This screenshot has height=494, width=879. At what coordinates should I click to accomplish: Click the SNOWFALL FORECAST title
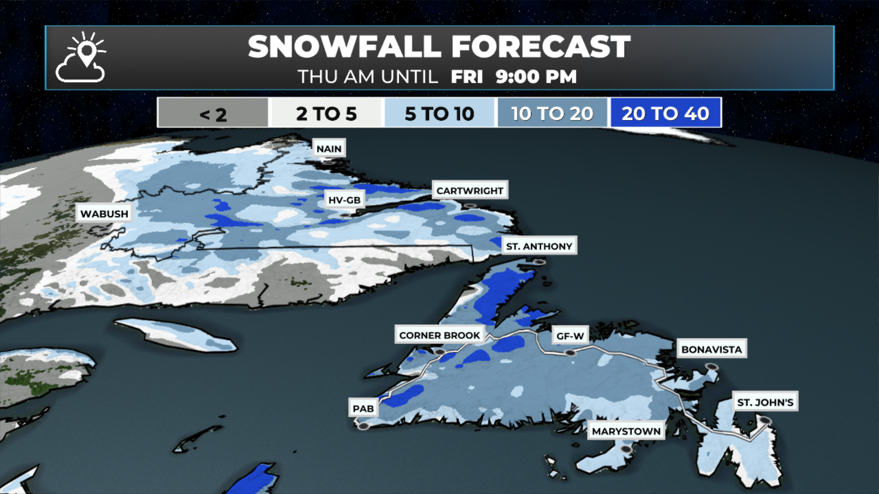(439, 47)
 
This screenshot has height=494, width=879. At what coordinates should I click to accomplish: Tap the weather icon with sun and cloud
(81, 57)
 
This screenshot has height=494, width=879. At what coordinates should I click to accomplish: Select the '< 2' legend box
(213, 113)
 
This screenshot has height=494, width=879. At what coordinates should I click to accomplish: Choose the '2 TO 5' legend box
(326, 113)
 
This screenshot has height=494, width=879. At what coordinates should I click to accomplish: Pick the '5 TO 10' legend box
(439, 113)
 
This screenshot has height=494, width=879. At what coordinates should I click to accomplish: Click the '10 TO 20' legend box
(552, 113)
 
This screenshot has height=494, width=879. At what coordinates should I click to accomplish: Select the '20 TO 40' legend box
(666, 113)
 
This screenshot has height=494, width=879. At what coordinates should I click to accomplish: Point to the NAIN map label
(329, 149)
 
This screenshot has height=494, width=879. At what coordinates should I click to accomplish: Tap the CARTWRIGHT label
(470, 190)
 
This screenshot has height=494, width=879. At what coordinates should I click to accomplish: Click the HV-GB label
(344, 200)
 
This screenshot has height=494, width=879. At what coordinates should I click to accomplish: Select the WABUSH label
(104, 214)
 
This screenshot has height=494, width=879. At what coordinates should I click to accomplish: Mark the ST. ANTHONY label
(539, 246)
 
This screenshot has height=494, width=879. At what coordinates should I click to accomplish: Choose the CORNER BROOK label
(439, 335)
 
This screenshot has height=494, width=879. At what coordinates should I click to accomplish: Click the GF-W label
(570, 336)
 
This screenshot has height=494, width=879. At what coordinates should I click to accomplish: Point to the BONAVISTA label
(711, 349)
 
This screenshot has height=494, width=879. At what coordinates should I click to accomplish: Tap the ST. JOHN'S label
(765, 402)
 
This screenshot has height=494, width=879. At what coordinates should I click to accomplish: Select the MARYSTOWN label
(626, 431)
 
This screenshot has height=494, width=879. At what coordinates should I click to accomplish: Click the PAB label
(364, 408)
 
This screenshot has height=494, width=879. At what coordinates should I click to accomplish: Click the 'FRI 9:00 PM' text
(513, 77)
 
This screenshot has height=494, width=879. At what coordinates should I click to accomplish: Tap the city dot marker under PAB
(364, 426)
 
